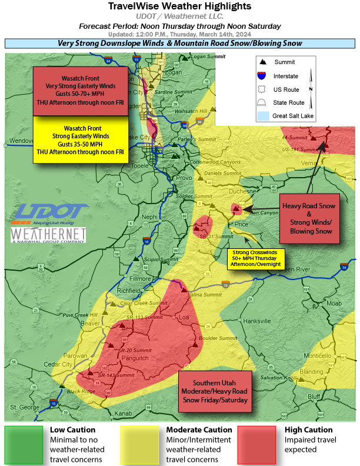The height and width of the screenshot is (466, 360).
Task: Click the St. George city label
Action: (x=23, y=407)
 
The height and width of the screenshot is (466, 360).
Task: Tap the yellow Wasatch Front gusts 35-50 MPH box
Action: (x=80, y=139)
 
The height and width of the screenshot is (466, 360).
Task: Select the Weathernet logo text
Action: (x=48, y=235)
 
